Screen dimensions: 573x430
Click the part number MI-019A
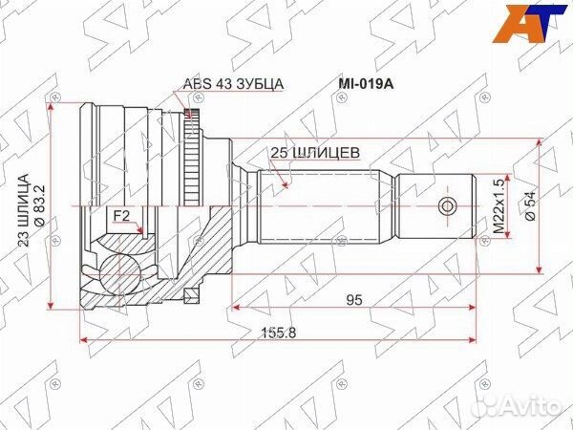point(365,84)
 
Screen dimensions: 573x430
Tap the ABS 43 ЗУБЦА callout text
point(233,84)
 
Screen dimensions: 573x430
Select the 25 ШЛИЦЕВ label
point(315,153)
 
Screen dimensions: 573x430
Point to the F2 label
point(121,217)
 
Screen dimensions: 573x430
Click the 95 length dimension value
point(354,300)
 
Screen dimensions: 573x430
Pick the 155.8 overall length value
point(279,333)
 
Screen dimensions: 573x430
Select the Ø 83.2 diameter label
point(39,205)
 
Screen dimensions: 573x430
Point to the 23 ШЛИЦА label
point(24,210)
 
